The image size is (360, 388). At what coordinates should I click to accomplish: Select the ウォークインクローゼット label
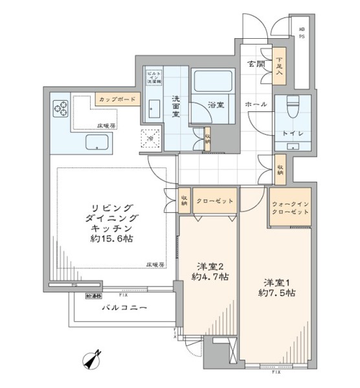(x=290, y=208)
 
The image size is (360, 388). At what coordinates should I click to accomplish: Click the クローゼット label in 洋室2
(x=211, y=201)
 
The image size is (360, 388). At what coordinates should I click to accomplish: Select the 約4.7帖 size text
(x=210, y=277)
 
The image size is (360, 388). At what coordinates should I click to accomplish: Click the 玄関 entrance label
(x=255, y=64)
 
